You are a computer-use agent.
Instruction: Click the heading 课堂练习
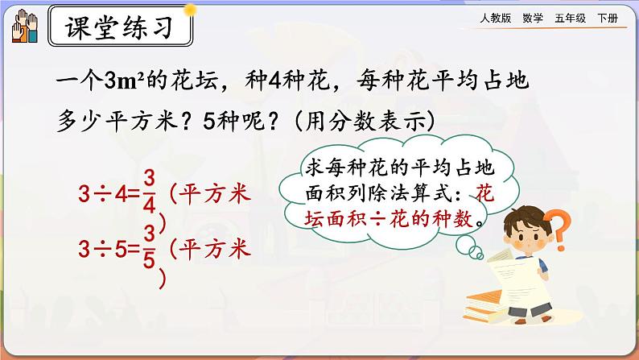coord(120,31)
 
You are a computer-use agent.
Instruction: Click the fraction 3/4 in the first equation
coord(147,193)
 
